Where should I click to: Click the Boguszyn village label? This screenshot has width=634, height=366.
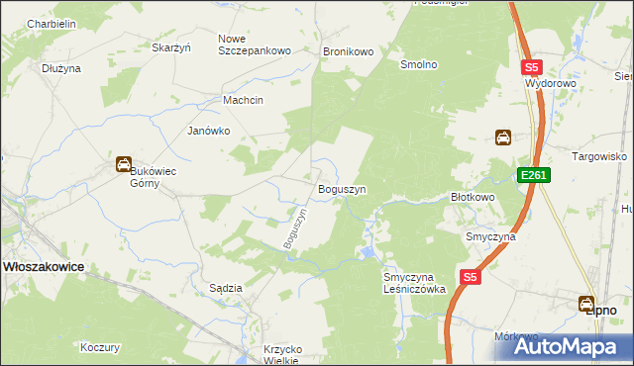tap(342, 188)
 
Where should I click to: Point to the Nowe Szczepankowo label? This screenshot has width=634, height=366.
tap(254, 45)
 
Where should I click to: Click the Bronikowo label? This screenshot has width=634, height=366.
tap(347, 50)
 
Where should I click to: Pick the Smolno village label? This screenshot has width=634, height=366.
tap(418, 64)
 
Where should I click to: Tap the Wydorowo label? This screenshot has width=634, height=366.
tap(551, 84)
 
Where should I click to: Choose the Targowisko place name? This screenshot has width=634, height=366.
tap(600, 156)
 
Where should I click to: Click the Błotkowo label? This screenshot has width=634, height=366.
tap(473, 197)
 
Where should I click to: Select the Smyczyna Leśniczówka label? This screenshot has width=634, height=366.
tap(415, 283)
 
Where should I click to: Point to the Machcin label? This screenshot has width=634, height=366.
tap(243, 100)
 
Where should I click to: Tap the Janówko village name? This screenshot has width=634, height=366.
tap(209, 130)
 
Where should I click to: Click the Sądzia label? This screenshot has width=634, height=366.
tap(226, 287)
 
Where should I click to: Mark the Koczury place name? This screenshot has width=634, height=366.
tap(100, 347)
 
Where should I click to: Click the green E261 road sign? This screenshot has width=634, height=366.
tap(532, 175)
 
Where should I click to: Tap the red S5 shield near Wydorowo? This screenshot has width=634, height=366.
tap(532, 67)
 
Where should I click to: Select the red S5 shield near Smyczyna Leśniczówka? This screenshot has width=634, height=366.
tap(471, 278)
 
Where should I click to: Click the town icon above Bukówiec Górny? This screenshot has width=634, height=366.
tap(124, 164)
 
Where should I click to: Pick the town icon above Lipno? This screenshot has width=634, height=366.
tap(586, 302)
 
